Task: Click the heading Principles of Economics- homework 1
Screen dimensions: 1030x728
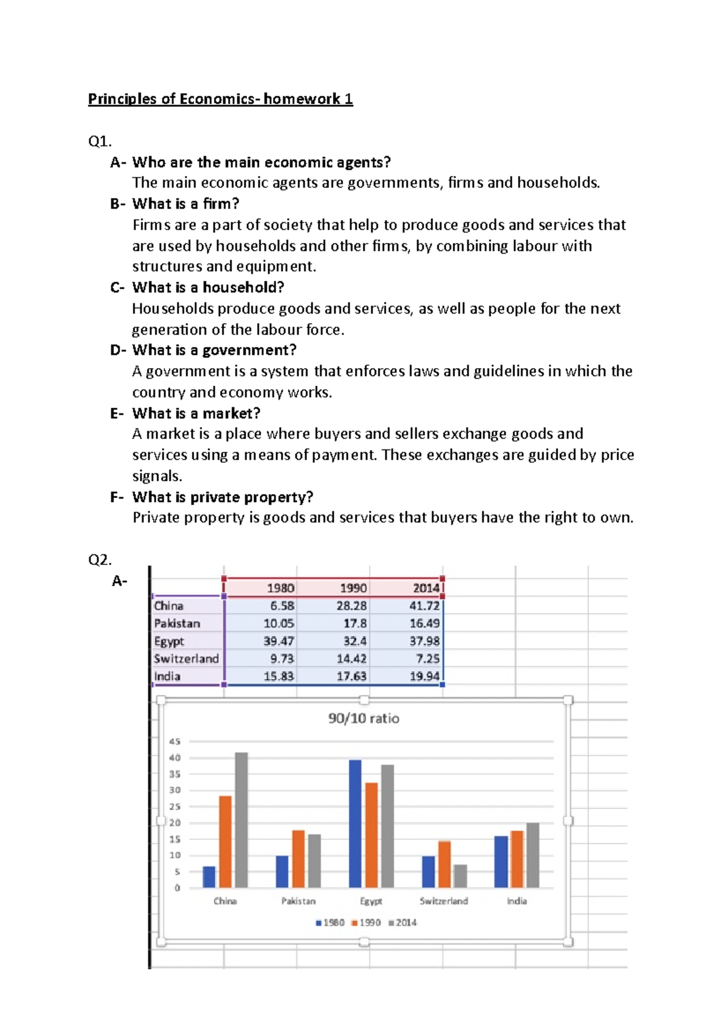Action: (x=220, y=99)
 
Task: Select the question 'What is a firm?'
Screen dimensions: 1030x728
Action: (x=186, y=204)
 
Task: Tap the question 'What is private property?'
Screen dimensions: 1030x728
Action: (x=223, y=497)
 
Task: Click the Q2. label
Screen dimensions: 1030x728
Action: (x=100, y=559)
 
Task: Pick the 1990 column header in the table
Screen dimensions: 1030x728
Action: (x=352, y=588)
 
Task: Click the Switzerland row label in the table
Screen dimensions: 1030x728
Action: (x=186, y=659)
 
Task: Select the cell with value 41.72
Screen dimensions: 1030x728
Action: (x=424, y=605)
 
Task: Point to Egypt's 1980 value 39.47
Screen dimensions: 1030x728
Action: (x=278, y=641)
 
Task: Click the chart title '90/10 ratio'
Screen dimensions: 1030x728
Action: (x=363, y=718)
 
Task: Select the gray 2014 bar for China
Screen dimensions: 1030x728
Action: (x=241, y=820)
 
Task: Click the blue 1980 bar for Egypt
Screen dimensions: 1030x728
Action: (x=355, y=824)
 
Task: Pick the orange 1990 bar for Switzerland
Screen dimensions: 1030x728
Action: (x=444, y=864)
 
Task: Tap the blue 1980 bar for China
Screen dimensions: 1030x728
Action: (x=209, y=877)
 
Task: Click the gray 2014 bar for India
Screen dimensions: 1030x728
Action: (x=533, y=855)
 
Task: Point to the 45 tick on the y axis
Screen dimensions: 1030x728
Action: (x=175, y=741)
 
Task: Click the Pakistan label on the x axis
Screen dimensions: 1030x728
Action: (x=298, y=901)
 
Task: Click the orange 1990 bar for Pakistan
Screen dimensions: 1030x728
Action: (x=298, y=859)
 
